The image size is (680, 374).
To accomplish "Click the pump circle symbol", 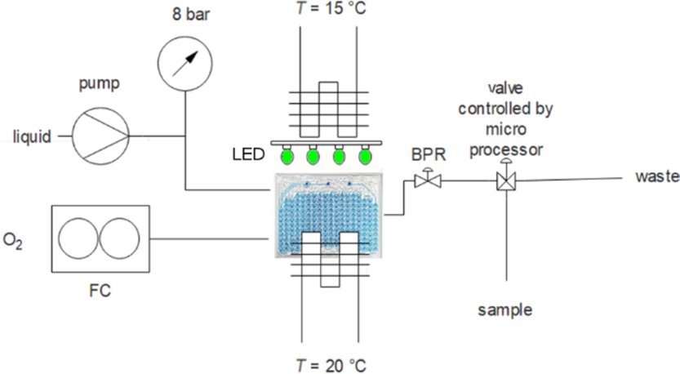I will pos(101,136).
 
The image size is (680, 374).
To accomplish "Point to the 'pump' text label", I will pos(101,84).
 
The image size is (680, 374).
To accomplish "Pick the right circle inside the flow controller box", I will pos(120,239).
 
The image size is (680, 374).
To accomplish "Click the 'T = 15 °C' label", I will pos(329,10).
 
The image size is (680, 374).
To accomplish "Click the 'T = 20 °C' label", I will pos(329,365).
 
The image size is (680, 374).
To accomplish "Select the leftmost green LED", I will pos(287,155).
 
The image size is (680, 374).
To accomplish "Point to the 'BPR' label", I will pos(426,152).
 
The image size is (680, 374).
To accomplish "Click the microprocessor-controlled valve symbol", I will pos(506,180).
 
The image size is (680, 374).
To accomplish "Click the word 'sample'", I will pos(504,309).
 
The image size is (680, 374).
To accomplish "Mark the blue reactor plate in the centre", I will pos(329,214).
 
